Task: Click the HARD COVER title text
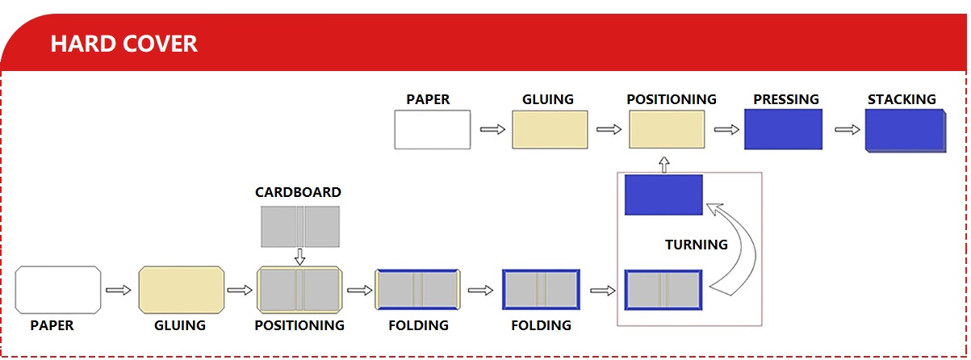(x=123, y=43)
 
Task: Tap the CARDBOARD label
(x=298, y=192)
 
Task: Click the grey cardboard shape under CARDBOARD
(x=299, y=227)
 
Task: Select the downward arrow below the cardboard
(x=299, y=257)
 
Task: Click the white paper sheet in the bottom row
(x=58, y=290)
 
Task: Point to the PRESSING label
(x=785, y=99)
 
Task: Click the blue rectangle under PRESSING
(x=783, y=130)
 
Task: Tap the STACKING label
(x=902, y=99)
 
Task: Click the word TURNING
(x=696, y=244)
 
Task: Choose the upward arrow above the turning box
(x=664, y=164)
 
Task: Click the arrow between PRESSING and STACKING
(x=848, y=129)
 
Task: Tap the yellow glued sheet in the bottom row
(x=181, y=290)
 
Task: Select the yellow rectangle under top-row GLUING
(x=549, y=130)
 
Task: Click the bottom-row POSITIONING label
(x=299, y=325)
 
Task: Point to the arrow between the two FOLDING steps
(x=479, y=290)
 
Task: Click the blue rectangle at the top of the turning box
(x=663, y=195)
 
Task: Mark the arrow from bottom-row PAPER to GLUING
(x=119, y=290)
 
